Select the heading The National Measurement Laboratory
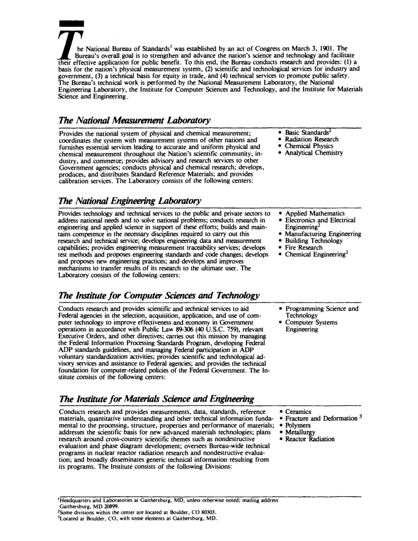click(135, 120)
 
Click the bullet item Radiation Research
click(312, 139)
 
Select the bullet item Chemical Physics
click(309, 146)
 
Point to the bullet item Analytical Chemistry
click(314, 153)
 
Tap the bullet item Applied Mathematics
click(315, 213)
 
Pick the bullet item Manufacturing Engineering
click(323, 234)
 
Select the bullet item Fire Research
click(304, 248)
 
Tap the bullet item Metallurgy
click(301, 432)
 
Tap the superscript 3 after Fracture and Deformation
click(359, 417)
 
